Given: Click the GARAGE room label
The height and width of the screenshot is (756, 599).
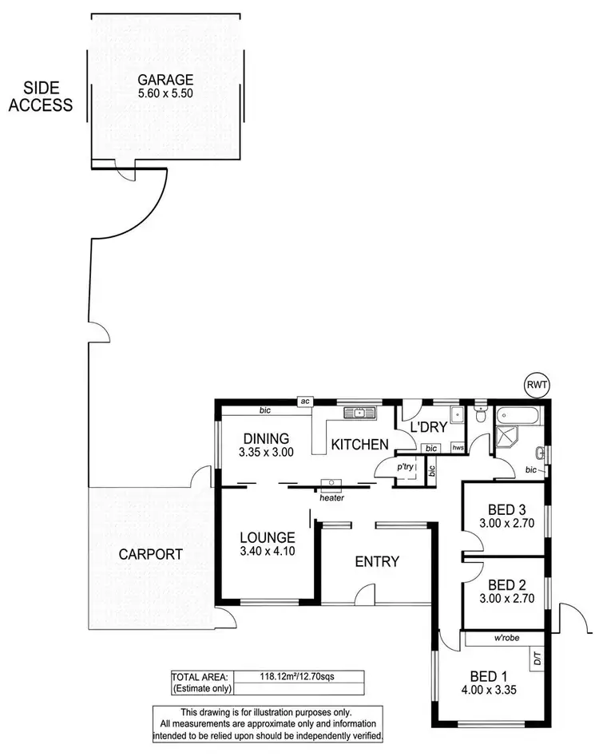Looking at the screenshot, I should (x=165, y=79).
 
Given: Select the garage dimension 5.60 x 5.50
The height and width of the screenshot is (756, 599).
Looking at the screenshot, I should (x=165, y=93).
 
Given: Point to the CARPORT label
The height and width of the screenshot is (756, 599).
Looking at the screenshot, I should (x=151, y=554).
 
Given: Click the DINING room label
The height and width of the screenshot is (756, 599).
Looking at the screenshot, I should (x=261, y=437).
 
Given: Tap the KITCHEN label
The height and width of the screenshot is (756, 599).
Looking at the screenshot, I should (x=360, y=445).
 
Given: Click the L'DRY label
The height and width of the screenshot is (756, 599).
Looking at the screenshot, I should (x=429, y=428).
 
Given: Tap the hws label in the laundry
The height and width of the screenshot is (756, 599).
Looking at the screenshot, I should (x=458, y=449).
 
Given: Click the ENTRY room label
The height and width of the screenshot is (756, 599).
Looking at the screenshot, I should (x=377, y=561).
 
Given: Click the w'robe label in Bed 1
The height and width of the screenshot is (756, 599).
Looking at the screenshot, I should (x=508, y=638).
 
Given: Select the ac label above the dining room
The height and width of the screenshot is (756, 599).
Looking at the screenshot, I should (x=304, y=402).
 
